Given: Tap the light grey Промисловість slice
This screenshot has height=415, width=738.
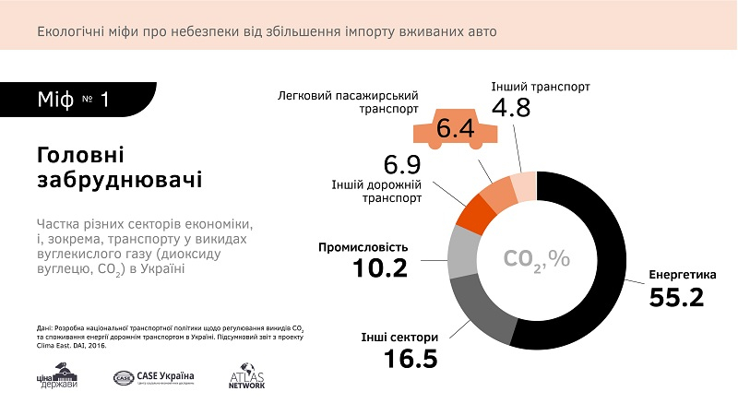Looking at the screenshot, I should (460, 251).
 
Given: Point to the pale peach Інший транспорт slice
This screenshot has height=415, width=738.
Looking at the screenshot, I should (524, 186).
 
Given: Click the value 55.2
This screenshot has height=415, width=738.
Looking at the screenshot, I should (675, 298).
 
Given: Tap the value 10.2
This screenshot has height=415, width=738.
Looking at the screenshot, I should (381, 268).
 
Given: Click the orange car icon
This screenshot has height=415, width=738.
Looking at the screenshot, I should (455, 129).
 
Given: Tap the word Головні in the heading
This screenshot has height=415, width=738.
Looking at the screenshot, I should (80, 154).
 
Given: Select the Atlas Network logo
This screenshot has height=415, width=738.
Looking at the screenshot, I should (246, 379).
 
